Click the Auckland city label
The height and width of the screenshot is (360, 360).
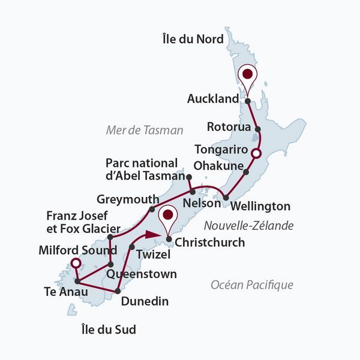click(x=212, y=98)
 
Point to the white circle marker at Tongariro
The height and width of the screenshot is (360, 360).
click(x=256, y=154)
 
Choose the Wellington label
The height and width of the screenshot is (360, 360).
click(x=260, y=206)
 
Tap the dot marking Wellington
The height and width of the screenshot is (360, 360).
click(x=226, y=197)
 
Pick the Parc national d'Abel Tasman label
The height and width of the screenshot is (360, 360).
click(x=142, y=169)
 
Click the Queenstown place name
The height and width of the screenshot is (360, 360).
click(x=142, y=274)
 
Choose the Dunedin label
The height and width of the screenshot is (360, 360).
click(x=144, y=301)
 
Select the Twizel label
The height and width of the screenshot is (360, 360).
click(x=150, y=254)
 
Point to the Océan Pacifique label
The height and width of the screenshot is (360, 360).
click(x=252, y=285)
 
